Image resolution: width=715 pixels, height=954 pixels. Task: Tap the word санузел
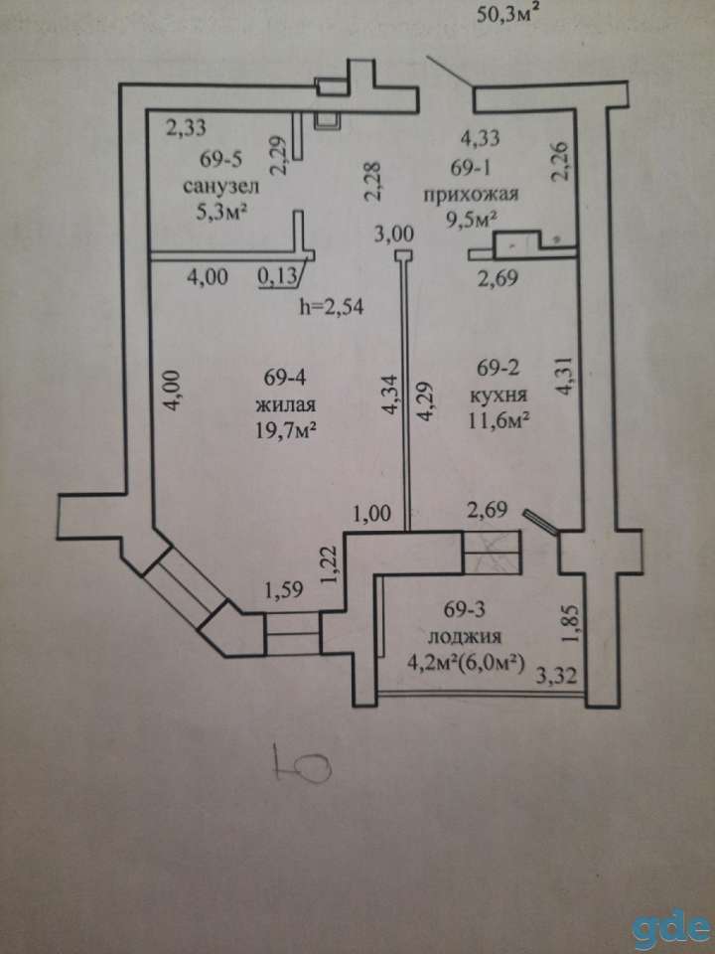point(221,186)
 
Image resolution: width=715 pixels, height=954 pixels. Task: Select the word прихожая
point(471,195)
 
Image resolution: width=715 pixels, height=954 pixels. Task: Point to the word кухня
point(500,396)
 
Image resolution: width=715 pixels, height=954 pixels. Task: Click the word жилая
point(286,405)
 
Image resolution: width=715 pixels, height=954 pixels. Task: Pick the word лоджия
point(465,636)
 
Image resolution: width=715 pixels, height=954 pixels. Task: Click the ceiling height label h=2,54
point(332,307)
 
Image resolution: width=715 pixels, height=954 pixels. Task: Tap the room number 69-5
point(221,159)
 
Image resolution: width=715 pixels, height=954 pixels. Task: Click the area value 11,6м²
point(497,420)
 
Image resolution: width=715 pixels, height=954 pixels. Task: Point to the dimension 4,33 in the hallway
point(481,138)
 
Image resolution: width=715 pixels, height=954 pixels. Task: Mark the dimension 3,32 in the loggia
point(556,676)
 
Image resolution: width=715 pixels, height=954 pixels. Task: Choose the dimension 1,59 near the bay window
point(285,589)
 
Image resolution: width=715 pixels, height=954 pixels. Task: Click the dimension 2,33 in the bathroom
point(187,128)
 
